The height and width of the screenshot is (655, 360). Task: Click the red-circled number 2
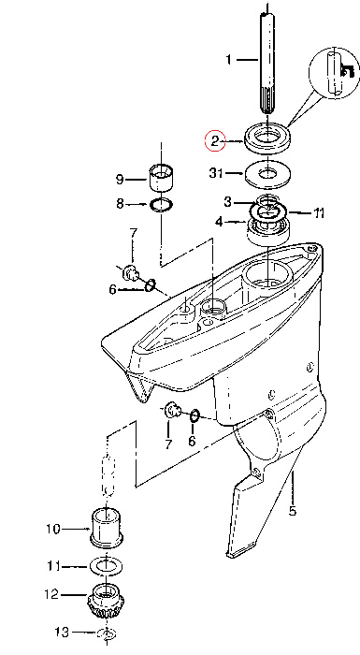[x=215, y=141]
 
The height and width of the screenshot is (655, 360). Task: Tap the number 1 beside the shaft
[x=228, y=60]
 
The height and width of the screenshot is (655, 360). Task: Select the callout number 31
[x=216, y=172]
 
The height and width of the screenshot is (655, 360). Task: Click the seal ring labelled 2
[x=267, y=138]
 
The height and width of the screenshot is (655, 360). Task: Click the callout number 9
[x=120, y=180]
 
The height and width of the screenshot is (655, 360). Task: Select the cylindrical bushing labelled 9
[x=162, y=178]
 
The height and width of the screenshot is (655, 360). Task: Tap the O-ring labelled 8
[x=162, y=204]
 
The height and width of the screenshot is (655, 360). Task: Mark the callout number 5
[x=293, y=510]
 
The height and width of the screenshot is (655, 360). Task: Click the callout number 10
[x=53, y=530]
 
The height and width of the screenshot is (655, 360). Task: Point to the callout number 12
[x=51, y=594]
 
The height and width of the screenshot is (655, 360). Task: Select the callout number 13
[x=62, y=632]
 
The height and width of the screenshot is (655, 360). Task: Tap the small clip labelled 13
[x=107, y=633]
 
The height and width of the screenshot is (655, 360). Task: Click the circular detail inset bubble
[x=334, y=73]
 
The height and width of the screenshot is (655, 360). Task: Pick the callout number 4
[x=219, y=222]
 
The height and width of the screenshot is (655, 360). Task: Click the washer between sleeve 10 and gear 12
[x=108, y=566]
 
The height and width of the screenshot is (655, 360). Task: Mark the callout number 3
[x=227, y=202]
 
